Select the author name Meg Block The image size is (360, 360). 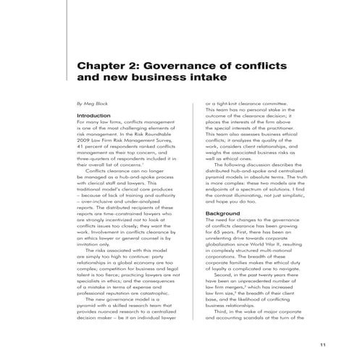click(x=91, y=104)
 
